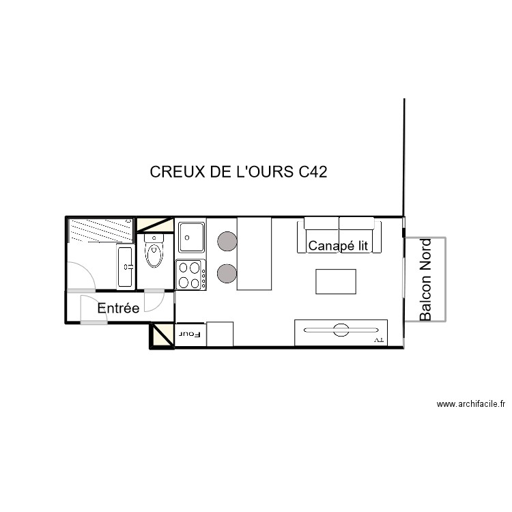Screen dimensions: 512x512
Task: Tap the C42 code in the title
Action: pos(313,172)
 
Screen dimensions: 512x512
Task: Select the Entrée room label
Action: pos(118,309)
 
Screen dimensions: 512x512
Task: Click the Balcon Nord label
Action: pos(426,280)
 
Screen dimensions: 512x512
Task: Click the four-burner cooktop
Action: pos(191,275)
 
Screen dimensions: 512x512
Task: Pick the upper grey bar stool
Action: pos(227,240)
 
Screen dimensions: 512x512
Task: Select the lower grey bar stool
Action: pos(227,274)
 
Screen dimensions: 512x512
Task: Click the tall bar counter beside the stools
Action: pos(254,253)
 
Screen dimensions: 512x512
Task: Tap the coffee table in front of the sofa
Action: pos(336,281)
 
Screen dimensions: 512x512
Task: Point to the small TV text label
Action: pos(378,339)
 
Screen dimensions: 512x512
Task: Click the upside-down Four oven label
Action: pos(190,335)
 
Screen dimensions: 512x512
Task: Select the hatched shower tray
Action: pos(100,229)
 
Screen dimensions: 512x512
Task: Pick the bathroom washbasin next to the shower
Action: pos(126,266)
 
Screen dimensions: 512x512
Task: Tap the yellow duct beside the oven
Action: pos(162,336)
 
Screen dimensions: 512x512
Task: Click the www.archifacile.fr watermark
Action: pos(471,404)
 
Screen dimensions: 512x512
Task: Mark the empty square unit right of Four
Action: pos(220,335)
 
